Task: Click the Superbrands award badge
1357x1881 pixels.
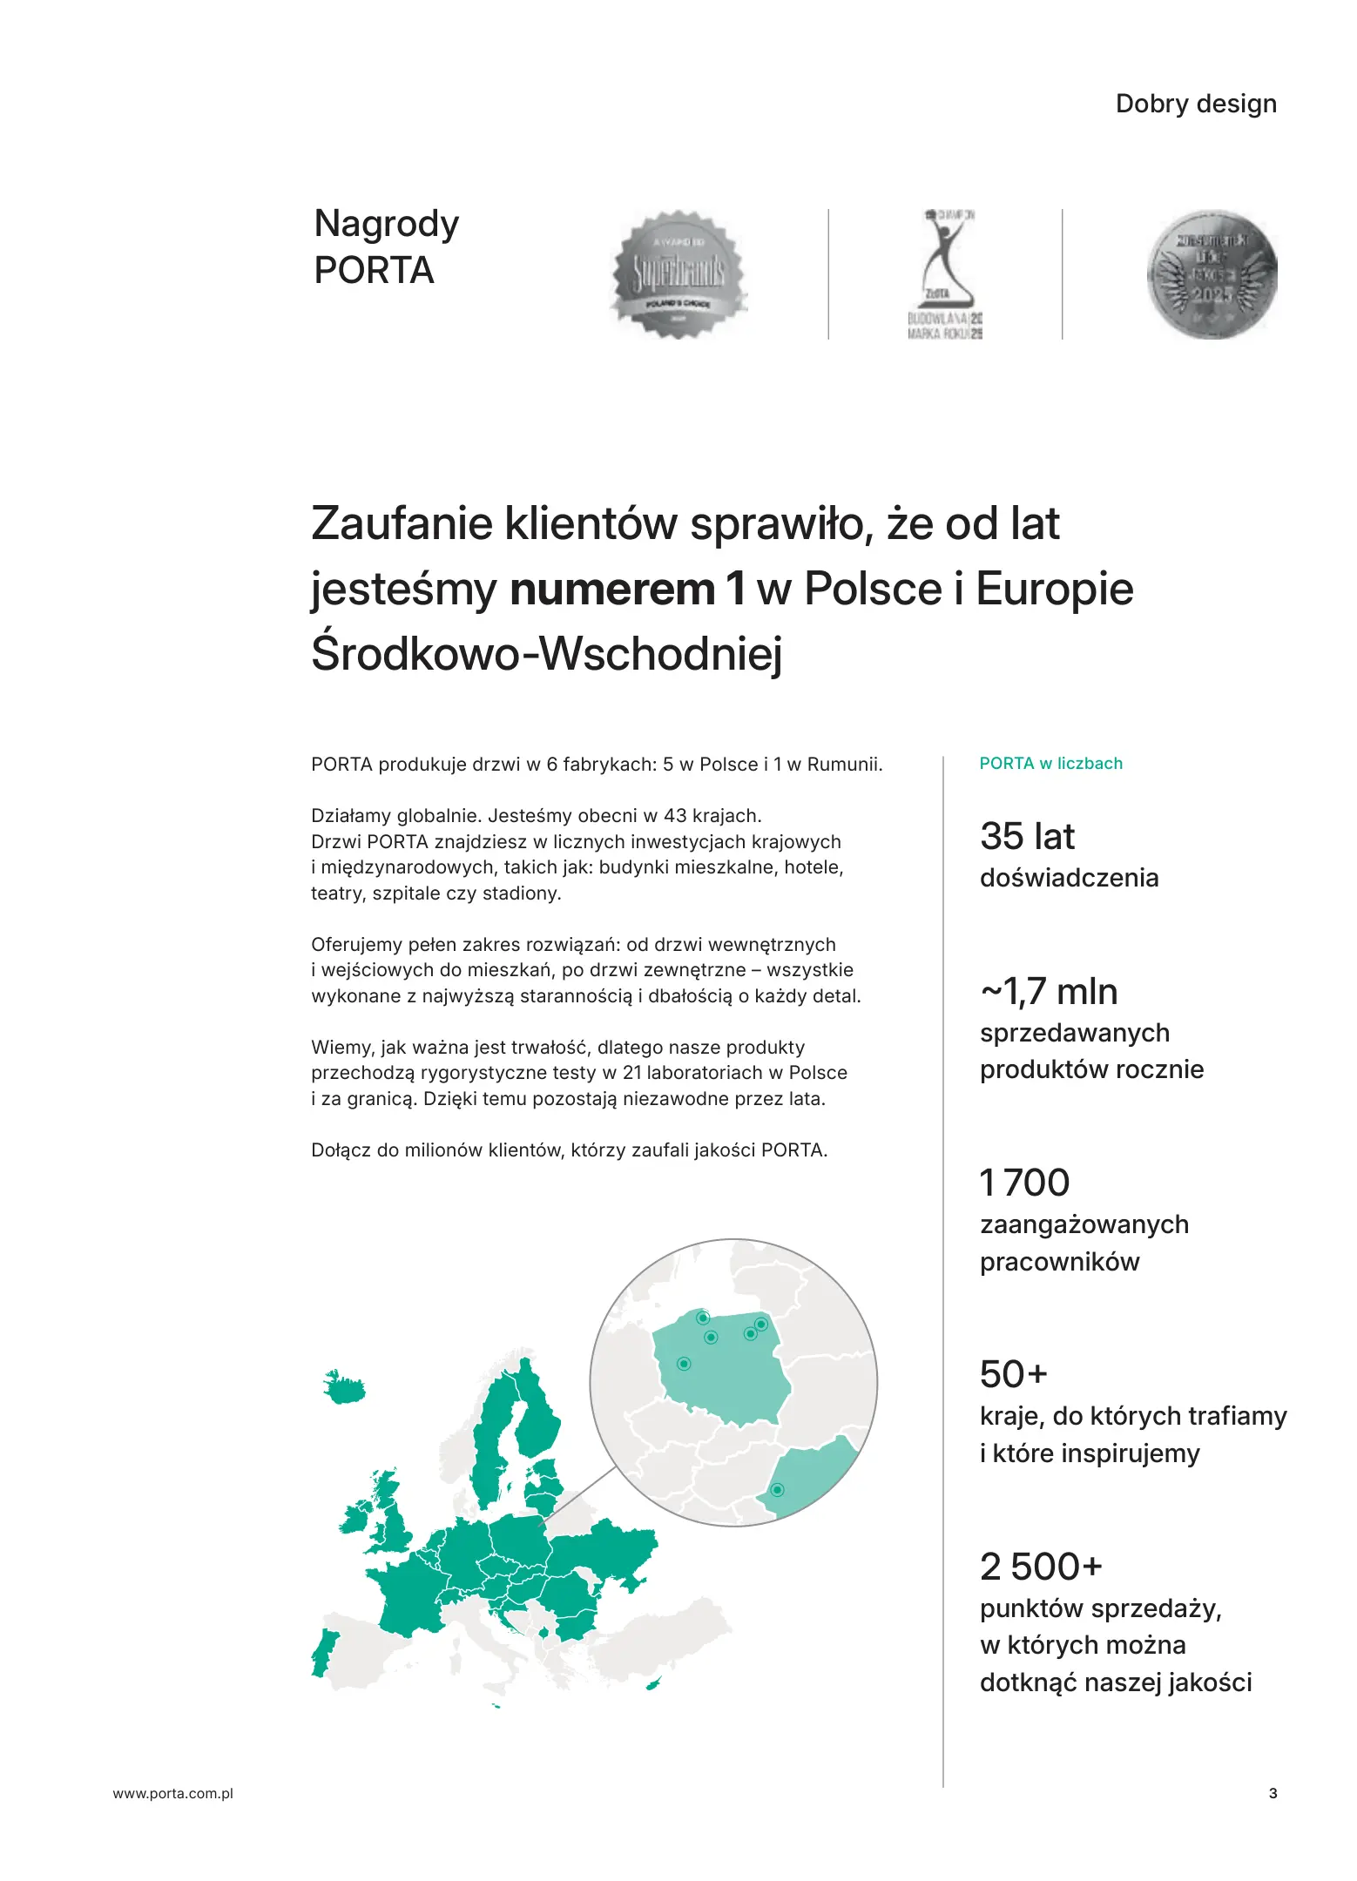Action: (678, 274)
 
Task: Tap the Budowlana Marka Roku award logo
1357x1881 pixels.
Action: (944, 274)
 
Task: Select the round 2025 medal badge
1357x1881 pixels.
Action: (1212, 274)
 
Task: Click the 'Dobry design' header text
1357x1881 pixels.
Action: (1195, 104)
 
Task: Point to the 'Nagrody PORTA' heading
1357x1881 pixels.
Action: (386, 246)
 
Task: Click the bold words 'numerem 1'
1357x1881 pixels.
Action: (627, 589)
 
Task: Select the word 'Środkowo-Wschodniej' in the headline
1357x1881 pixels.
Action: (547, 653)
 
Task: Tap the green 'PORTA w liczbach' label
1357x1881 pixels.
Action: (1050, 764)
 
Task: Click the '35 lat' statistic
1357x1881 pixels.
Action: (1027, 836)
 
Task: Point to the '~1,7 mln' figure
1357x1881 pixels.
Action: (1049, 992)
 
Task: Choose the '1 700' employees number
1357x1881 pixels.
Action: (1024, 1183)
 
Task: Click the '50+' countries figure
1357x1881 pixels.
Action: (1013, 1374)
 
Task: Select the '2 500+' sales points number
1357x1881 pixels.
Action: (1041, 1567)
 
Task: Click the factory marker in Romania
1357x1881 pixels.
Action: (778, 1490)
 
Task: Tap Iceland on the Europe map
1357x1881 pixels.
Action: (343, 1387)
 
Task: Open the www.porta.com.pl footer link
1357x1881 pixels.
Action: (173, 1793)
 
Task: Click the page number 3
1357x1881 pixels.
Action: (1273, 1793)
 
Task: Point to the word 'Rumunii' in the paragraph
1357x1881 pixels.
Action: (843, 765)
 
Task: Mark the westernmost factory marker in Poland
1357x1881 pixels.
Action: (684, 1364)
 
